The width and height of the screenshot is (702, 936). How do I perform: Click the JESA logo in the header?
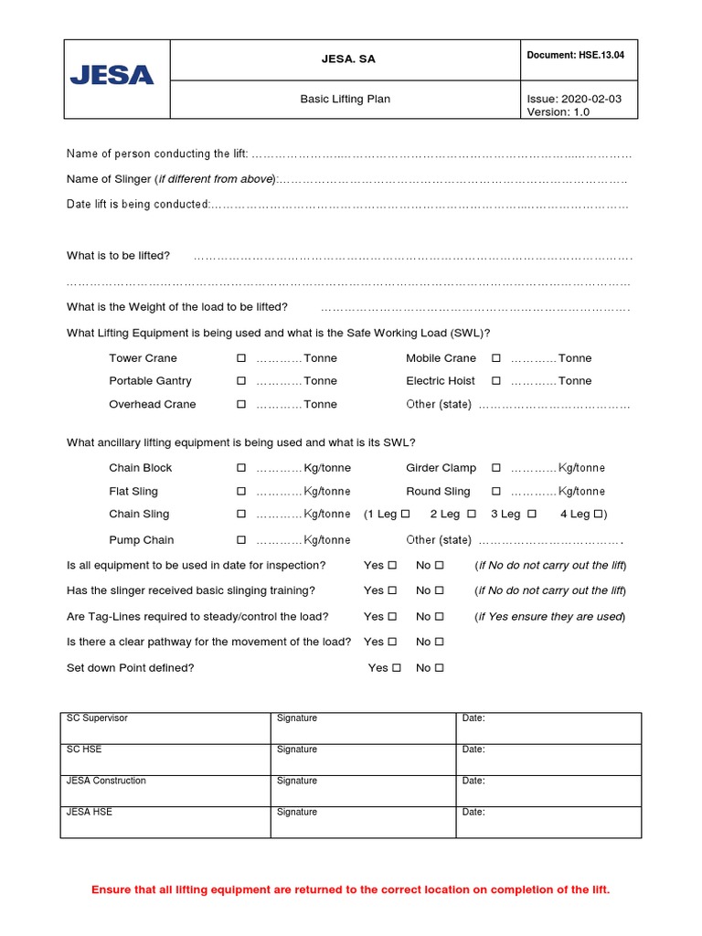(112, 76)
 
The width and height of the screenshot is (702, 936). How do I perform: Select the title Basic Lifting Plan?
(345, 99)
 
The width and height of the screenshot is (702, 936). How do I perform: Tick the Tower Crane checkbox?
(241, 358)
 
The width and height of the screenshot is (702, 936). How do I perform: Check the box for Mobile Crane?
(496, 358)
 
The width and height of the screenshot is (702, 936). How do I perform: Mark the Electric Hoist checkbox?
(496, 381)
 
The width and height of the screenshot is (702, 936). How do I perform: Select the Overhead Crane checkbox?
(241, 404)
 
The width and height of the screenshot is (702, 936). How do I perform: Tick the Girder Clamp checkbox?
(496, 468)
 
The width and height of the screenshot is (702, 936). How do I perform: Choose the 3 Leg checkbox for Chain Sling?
(532, 514)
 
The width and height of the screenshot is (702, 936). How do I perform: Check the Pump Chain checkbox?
(241, 540)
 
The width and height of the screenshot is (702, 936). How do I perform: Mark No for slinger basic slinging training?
(440, 590)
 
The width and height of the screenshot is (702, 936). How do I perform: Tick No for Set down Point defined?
(440, 668)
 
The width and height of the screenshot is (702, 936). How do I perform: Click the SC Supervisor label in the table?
(97, 718)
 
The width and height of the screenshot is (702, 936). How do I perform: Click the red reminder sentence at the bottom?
(350, 889)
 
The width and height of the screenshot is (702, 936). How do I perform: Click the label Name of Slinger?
(109, 179)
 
